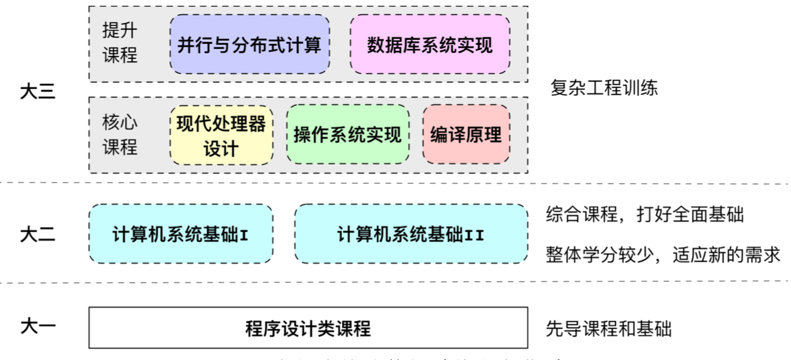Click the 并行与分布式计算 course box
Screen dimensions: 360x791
click(249, 44)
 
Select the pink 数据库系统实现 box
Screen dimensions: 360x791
click(430, 44)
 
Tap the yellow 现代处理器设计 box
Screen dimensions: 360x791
click(221, 135)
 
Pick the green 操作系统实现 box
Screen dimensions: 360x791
click(347, 135)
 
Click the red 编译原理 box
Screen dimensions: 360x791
click(466, 135)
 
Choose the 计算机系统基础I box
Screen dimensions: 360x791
click(181, 234)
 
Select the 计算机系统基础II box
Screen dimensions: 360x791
click(411, 234)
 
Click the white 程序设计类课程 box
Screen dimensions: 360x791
click(308, 328)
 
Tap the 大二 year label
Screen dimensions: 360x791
click(37, 234)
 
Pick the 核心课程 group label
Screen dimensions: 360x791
click(120, 135)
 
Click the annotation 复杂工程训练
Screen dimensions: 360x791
click(604, 87)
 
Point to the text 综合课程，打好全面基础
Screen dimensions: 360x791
click(644, 214)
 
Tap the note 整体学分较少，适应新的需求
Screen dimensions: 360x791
click(663, 255)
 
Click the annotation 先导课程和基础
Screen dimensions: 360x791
click(608, 329)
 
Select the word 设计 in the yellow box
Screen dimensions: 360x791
click(221, 149)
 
